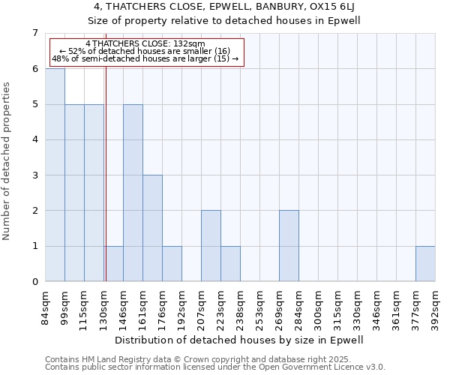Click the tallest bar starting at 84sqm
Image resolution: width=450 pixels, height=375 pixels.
55,175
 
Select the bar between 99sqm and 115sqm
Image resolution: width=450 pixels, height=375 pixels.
74,193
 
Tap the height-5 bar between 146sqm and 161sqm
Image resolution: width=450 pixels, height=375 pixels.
133,193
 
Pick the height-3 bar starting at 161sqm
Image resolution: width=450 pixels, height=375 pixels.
152,228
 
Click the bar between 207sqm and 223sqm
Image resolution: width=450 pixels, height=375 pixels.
211,246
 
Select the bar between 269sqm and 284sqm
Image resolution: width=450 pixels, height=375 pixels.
289,246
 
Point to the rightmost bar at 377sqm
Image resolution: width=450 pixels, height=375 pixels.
425,264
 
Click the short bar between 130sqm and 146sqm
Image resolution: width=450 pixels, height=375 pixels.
114,264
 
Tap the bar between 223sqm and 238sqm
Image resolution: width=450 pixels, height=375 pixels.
230,264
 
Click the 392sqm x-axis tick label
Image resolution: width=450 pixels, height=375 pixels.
436,306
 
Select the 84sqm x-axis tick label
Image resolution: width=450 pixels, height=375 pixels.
46,306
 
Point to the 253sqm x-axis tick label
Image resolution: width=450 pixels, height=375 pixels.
260,306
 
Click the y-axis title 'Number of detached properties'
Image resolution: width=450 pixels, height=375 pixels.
7,161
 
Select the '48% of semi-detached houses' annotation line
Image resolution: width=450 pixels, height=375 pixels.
145,58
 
